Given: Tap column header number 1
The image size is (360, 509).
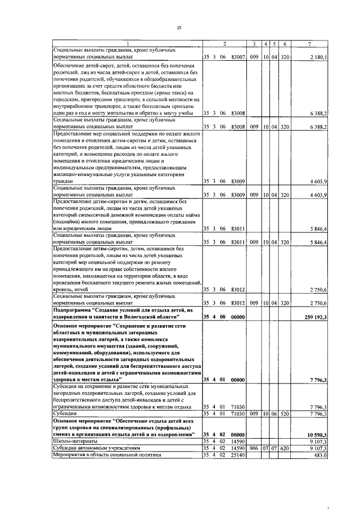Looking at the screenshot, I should (127, 44).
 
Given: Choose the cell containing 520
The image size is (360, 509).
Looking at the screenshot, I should (285, 414).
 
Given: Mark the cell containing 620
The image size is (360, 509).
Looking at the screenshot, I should (285, 448).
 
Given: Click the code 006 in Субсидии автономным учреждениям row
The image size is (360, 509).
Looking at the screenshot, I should (254, 448).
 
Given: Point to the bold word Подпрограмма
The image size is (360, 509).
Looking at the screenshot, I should (73, 310).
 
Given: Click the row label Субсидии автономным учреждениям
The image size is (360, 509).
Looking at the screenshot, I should (96, 448).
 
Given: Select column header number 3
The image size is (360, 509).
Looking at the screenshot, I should (254, 44).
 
